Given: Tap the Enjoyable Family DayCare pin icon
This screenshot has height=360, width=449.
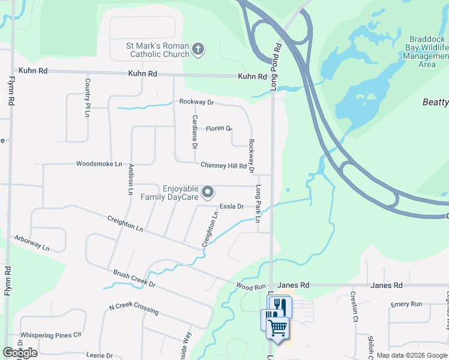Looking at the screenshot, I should point(208,193).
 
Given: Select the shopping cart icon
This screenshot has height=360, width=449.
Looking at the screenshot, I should point(277,328).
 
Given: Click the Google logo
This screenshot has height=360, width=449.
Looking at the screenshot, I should point(20,353).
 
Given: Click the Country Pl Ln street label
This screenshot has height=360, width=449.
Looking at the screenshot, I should point(88,97).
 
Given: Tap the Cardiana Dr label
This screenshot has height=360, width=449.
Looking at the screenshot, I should point(194,132).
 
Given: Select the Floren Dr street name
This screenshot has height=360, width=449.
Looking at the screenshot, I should point(218,128).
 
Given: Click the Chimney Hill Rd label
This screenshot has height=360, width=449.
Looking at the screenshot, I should point(223,166).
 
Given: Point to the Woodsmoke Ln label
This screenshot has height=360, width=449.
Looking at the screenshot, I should point(99,164).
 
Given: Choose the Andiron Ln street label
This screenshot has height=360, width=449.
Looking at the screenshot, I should point(130,179).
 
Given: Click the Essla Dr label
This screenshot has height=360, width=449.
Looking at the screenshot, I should point(231,206).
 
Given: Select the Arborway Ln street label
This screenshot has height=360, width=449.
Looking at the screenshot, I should point(32,242).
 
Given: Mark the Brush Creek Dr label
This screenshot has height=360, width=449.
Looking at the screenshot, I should point(134,278).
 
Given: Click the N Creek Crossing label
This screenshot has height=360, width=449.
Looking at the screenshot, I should point(134,309).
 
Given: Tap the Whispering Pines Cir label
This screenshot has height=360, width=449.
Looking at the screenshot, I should point(50,335).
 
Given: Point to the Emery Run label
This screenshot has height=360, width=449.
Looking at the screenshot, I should point(406,304).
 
